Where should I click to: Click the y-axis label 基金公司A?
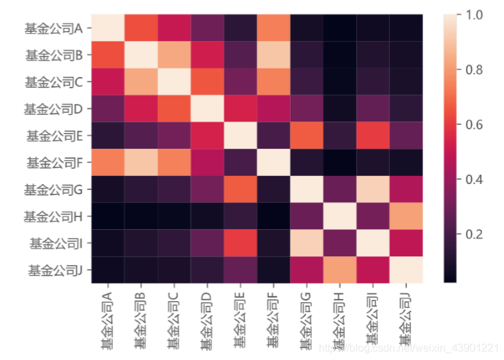[53, 29]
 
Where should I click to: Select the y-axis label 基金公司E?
[53, 136]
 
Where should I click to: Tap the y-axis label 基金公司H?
[53, 217]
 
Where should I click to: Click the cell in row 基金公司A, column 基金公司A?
[108, 29]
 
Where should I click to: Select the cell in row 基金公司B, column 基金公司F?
[274, 55]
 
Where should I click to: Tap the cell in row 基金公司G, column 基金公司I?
[373, 189]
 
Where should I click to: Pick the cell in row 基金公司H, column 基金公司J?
[406, 217]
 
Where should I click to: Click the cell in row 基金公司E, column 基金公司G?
[307, 136]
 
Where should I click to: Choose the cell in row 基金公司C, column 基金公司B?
[141, 82]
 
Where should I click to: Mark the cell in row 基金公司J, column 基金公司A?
[108, 270]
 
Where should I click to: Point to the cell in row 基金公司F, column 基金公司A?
[108, 163]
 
